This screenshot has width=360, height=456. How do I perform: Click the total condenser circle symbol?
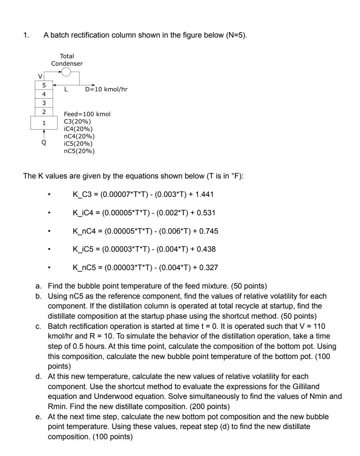pos(66,72)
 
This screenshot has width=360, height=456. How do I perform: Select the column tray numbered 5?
pos(44,85)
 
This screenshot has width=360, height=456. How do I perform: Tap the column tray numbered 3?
pos(44,103)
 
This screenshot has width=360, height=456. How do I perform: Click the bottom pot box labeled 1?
pos(44,123)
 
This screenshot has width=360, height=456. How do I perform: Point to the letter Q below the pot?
pos(44,143)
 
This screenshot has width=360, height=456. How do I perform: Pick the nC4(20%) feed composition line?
pos(81,136)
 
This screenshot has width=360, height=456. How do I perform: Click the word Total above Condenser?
pos(67,56)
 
